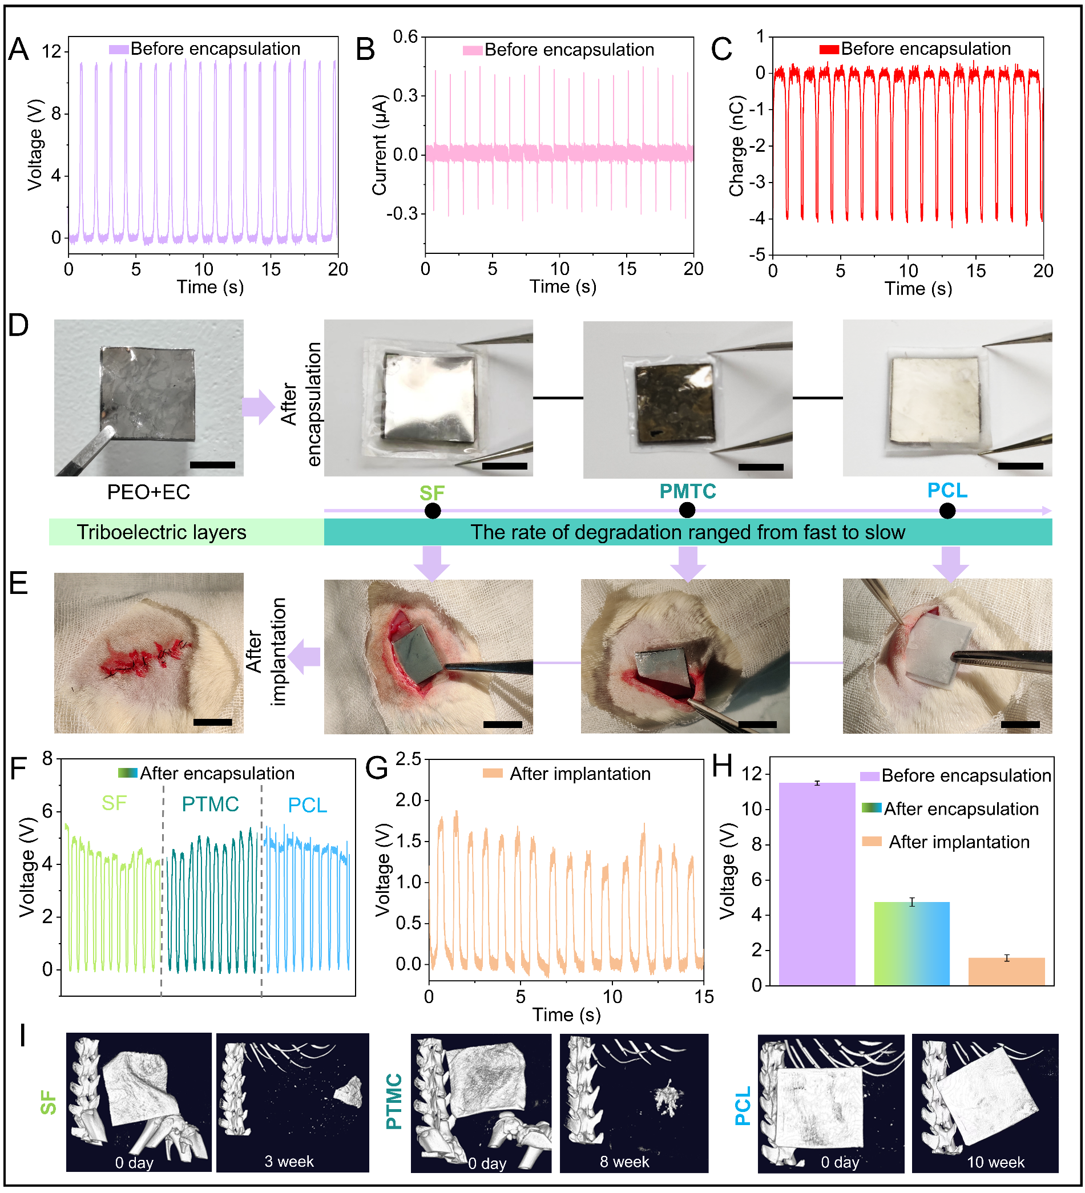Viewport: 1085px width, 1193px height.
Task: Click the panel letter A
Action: click(18, 49)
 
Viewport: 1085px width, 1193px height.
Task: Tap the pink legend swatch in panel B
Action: click(472, 50)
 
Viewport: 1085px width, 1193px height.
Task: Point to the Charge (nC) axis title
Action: click(736, 145)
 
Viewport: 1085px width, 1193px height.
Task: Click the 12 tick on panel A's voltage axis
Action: click(51, 52)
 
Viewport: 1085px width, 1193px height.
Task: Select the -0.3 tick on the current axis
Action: click(402, 213)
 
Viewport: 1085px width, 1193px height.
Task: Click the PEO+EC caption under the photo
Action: click(148, 492)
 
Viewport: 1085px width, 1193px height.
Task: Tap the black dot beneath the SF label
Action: click(433, 511)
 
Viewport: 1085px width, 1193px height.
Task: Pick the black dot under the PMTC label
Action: click(687, 509)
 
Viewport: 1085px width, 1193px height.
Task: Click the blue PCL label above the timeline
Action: click(946, 491)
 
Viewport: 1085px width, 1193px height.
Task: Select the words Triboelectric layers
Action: click(161, 532)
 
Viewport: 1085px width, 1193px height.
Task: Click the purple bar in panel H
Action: click(816, 884)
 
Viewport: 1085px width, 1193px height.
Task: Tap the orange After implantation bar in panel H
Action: click(1006, 972)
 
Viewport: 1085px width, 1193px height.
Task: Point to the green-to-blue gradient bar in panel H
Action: click(911, 943)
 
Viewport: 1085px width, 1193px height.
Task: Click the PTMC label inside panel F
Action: click(210, 804)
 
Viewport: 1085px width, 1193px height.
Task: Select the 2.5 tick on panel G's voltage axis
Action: click(408, 759)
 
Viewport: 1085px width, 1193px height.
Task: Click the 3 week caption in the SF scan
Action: click(289, 1162)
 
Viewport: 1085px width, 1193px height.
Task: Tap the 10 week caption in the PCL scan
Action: click(995, 1163)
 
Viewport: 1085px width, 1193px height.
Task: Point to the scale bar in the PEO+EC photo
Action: click(212, 465)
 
